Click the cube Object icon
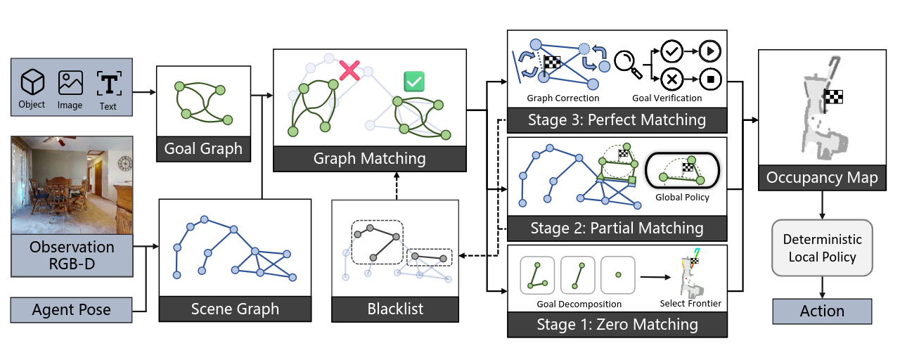pyautogui.click(x=32, y=84)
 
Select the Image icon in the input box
pyautogui.click(x=70, y=82)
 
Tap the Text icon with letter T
pyautogui.click(x=108, y=83)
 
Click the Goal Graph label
pyautogui.click(x=203, y=149)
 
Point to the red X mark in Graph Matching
pyautogui.click(x=349, y=70)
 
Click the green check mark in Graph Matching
pyautogui.click(x=414, y=81)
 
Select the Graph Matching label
pyautogui.click(x=369, y=158)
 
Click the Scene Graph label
pyautogui.click(x=235, y=309)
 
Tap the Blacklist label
pyautogui.click(x=395, y=309)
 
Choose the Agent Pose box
pyautogui.click(x=72, y=310)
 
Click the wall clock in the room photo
pyautogui.click(x=125, y=164)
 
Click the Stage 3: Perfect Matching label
pyautogui.click(x=617, y=120)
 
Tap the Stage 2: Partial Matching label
pyautogui.click(x=617, y=228)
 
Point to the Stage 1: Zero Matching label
pyautogui.click(x=617, y=324)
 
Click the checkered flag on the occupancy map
pyautogui.click(x=833, y=96)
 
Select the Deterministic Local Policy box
pyautogui.click(x=822, y=248)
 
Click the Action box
pyautogui.click(x=822, y=311)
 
